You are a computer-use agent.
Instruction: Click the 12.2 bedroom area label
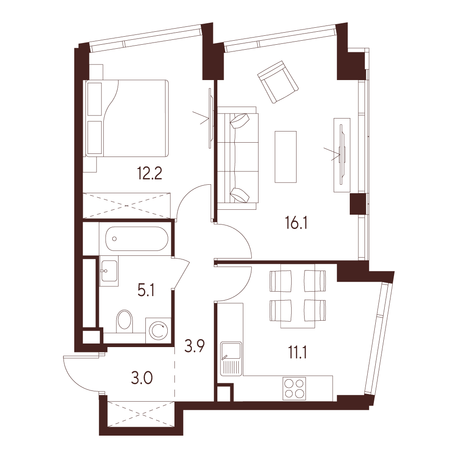(149, 174)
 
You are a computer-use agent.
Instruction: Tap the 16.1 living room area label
(296, 224)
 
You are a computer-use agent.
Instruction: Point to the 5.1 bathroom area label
(146, 291)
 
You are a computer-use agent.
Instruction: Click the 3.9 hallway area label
(194, 346)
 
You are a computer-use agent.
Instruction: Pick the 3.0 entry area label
(142, 378)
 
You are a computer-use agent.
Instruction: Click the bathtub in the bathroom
(137, 239)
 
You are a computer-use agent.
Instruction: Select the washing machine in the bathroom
(158, 330)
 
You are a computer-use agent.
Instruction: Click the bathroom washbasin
(109, 271)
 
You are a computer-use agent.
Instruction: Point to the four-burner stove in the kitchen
(294, 389)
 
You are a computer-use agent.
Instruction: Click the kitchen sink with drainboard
(231, 359)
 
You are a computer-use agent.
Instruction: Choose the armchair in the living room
(278, 82)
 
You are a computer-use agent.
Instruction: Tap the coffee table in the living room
(286, 157)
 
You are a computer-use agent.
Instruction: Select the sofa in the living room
(237, 158)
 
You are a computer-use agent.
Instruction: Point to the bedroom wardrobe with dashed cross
(127, 206)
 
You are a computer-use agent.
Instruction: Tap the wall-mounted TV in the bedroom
(210, 118)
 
